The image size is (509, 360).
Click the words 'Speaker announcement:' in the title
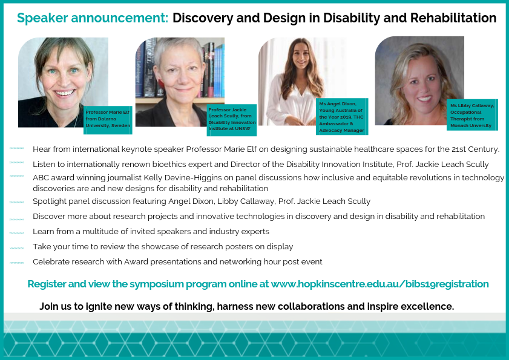93,18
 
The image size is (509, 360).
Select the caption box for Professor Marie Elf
108,120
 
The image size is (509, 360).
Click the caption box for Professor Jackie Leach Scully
232,120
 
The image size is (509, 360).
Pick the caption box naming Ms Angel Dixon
342,117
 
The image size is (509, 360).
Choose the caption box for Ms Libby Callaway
472,115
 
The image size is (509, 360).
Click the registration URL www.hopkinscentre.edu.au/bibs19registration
380,284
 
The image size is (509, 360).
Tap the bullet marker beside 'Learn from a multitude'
16,233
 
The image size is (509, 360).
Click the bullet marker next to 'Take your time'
16,248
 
